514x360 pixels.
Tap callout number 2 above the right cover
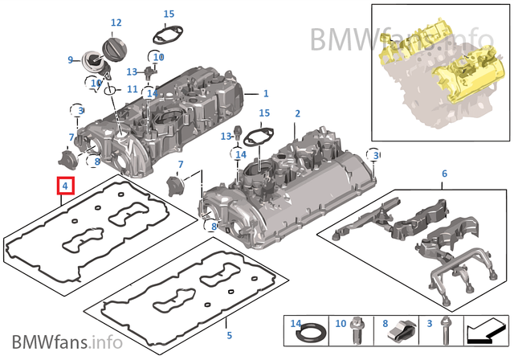297,114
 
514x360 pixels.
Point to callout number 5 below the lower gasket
228,334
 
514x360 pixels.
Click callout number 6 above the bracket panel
444,174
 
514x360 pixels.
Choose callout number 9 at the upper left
71,59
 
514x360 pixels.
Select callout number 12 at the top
116,23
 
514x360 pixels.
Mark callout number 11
133,88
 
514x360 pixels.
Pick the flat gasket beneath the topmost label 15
166,35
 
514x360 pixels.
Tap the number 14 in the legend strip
294,323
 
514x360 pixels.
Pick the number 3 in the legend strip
430,323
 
